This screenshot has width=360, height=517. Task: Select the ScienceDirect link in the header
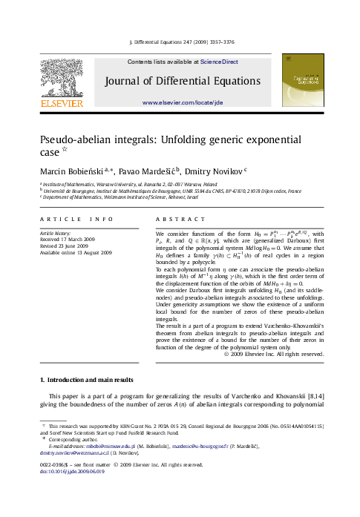[x=220, y=62]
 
